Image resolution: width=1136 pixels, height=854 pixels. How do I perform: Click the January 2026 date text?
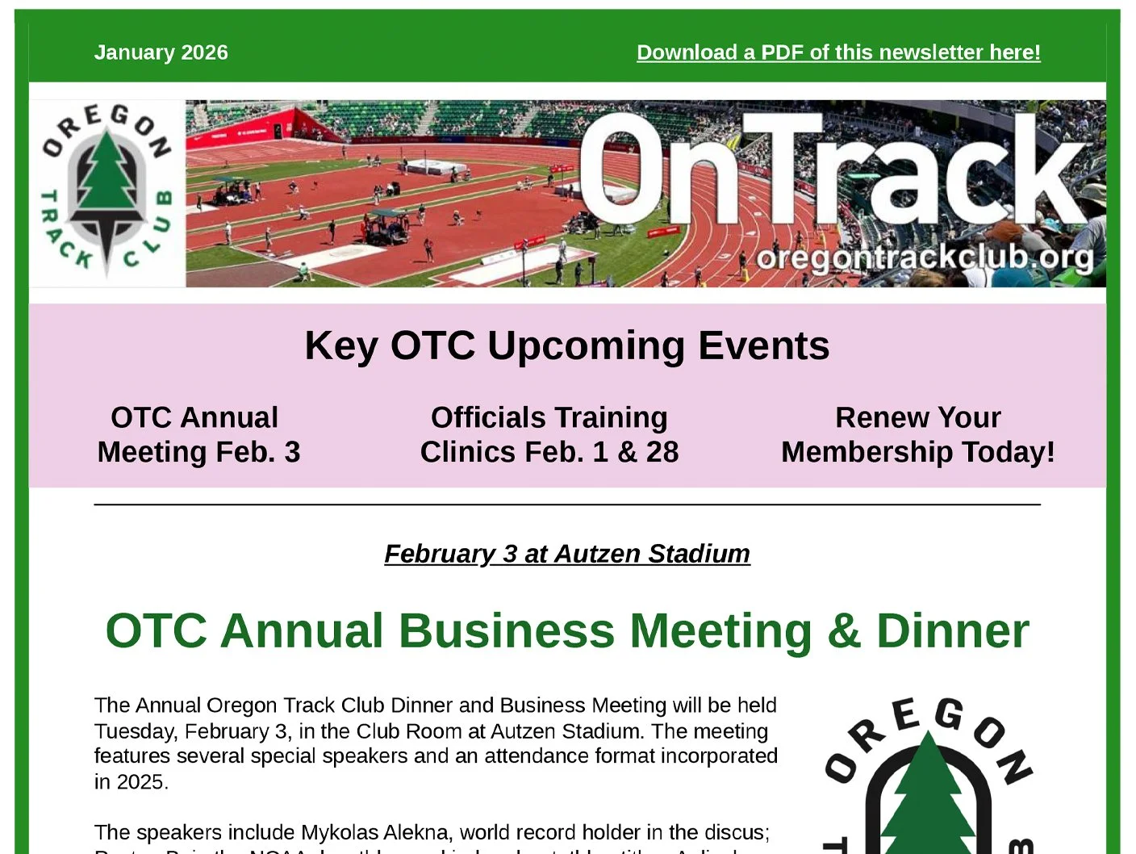pyautogui.click(x=161, y=52)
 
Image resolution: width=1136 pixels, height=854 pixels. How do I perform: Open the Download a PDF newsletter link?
pyautogui.click(x=838, y=52)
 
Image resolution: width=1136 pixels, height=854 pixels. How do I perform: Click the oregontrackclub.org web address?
pyautogui.click(x=925, y=257)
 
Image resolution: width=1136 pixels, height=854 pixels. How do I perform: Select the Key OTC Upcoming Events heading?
pyautogui.click(x=566, y=345)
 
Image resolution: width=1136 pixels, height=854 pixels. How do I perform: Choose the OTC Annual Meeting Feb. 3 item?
pyautogui.click(x=198, y=434)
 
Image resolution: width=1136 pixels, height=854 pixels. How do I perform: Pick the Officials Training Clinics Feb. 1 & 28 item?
pyautogui.click(x=549, y=434)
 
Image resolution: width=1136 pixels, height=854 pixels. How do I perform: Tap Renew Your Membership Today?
pyautogui.click(x=918, y=434)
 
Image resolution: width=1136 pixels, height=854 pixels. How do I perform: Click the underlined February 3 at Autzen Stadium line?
pyautogui.click(x=566, y=554)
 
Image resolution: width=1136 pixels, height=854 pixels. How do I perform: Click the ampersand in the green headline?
pyautogui.click(x=843, y=630)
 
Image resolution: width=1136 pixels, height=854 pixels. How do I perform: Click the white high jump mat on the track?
pyautogui.click(x=436, y=166)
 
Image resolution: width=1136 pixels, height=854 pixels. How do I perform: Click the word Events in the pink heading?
pyautogui.click(x=763, y=345)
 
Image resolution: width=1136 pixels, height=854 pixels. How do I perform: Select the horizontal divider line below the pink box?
pyautogui.click(x=566, y=504)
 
